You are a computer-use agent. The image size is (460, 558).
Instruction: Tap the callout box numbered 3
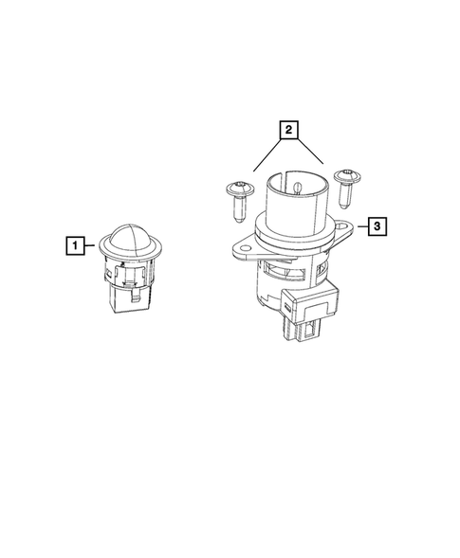point(377,226)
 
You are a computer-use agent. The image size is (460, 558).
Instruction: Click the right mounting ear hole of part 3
point(343,227)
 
